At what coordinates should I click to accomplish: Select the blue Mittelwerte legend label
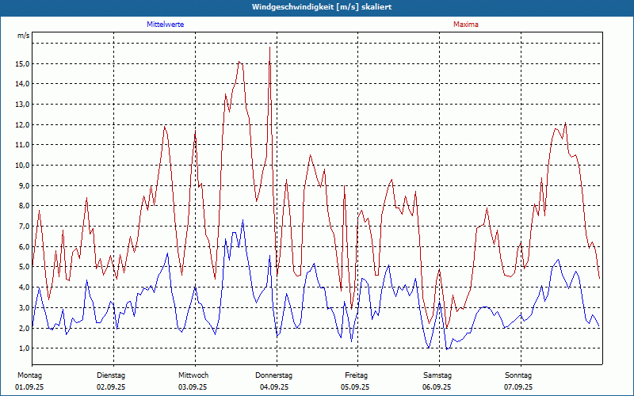coord(166,25)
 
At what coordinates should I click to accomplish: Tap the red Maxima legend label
coord(466,25)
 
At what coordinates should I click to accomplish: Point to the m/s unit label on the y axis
coord(23,36)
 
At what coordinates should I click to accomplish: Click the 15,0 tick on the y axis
coord(22,63)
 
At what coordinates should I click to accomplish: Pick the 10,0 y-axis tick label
coord(22,166)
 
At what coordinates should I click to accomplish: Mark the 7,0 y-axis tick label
coord(24,227)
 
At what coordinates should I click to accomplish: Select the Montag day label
coord(29,375)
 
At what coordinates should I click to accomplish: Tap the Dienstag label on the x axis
coord(111,375)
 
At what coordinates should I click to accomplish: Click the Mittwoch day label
coord(193,375)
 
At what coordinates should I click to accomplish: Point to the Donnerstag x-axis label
coord(274,375)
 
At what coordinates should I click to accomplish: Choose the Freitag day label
coord(356,375)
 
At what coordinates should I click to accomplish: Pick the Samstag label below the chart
coord(437,375)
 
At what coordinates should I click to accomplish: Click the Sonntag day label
coord(518,375)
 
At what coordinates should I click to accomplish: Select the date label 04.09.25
coord(274,387)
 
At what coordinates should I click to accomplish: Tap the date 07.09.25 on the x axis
coord(518,387)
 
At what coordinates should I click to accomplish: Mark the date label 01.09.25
coord(29,387)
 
